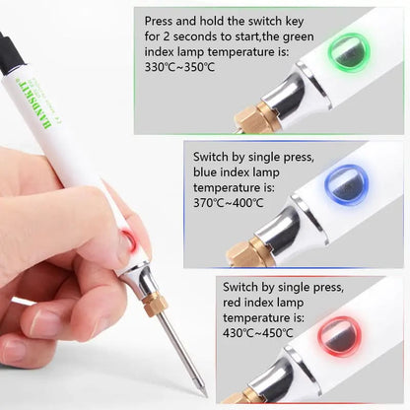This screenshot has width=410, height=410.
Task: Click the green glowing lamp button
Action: pos(350,51)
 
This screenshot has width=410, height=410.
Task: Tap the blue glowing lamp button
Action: pos(347,184)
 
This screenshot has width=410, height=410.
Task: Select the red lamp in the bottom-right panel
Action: pos(341,332)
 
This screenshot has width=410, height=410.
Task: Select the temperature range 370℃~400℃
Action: pos(228,203)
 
